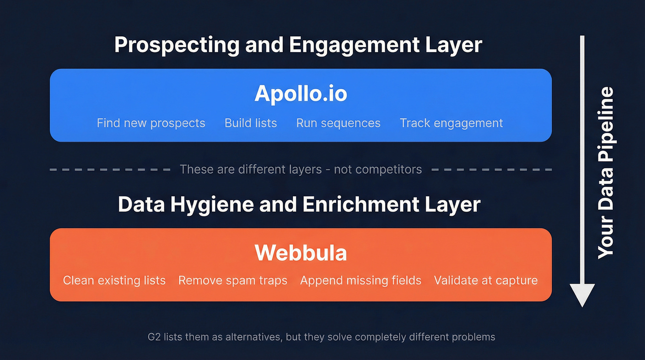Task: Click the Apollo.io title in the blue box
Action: pos(300,94)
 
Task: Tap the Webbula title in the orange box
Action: pos(300,253)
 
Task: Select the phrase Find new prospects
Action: pos(151,124)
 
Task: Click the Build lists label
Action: pos(251,124)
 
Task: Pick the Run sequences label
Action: pos(338,124)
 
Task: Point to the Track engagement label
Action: pos(451,124)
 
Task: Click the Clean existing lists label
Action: pos(114,280)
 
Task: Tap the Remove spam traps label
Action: pos(233,280)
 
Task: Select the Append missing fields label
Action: pos(361,280)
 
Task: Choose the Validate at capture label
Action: pos(486,280)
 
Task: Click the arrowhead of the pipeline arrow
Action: pos(582,295)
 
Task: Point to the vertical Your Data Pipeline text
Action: pos(606,173)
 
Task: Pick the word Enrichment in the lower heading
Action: pos(349,205)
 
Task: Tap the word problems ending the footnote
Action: pos(474,337)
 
